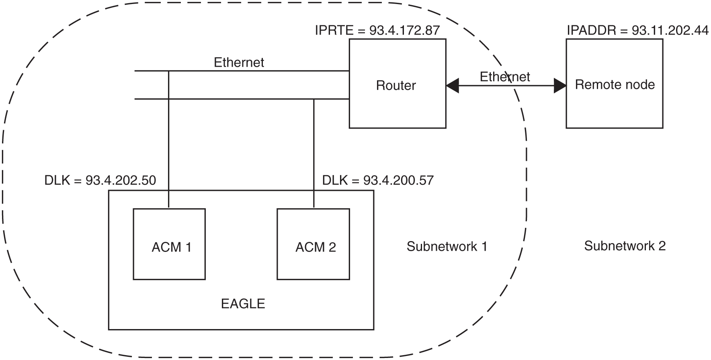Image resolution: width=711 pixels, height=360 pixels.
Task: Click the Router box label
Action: coord(396,86)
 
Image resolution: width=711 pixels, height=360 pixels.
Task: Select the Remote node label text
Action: coord(615,85)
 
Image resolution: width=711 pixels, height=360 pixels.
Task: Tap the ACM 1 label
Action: coord(171,247)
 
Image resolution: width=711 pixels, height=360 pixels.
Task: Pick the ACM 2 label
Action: coord(316,247)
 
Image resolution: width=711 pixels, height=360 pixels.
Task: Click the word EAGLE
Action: coord(243,304)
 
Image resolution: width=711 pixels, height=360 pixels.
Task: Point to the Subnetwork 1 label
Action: coord(447,246)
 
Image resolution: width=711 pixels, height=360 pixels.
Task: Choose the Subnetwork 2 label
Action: coord(625,246)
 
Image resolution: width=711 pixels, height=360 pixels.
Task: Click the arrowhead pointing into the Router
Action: coord(453,86)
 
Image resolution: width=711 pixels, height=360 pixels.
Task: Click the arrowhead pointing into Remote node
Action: coord(560,86)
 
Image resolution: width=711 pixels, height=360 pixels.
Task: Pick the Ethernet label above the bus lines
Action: coord(239,63)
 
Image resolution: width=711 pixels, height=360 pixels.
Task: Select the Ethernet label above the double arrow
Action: coord(505,77)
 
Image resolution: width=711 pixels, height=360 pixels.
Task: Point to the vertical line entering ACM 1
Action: coord(168,141)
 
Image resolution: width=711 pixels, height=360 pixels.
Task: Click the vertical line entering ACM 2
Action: coord(314,153)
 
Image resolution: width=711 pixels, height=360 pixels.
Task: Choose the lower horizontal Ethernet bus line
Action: coord(241,99)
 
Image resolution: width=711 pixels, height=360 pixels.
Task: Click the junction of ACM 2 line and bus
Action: coord(314,99)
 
